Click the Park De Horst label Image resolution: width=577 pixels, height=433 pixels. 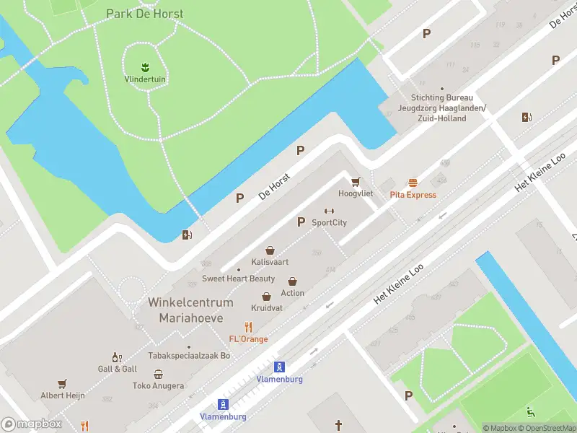tap(144, 14)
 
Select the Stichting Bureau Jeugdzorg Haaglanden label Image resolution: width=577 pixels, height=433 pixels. tap(441, 108)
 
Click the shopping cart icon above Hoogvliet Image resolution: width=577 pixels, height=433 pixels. tap(355, 182)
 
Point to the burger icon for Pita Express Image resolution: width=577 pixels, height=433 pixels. tap(413, 183)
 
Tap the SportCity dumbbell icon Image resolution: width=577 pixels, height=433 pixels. tap(329, 211)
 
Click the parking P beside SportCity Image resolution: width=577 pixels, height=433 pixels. tap(301, 222)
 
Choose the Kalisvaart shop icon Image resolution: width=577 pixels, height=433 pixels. tap(270, 250)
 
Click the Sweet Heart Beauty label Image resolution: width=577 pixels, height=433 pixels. tap(238, 279)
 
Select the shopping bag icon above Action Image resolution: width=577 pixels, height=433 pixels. tap(293, 281)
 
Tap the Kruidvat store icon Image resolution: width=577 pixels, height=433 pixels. tap(266, 296)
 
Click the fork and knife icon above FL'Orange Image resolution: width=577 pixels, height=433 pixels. tap(248, 327)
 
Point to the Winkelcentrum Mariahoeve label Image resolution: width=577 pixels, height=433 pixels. tap(190, 310)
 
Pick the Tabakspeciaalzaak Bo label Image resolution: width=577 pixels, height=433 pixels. tap(189, 355)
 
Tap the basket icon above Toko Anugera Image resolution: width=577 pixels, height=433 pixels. tap(158, 374)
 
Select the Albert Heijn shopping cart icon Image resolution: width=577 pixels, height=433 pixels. tap(63, 384)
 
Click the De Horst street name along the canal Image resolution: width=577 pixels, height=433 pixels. tap(274, 186)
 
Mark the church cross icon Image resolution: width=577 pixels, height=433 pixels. tap(338, 424)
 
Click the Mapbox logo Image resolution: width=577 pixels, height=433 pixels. tap(31, 424)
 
